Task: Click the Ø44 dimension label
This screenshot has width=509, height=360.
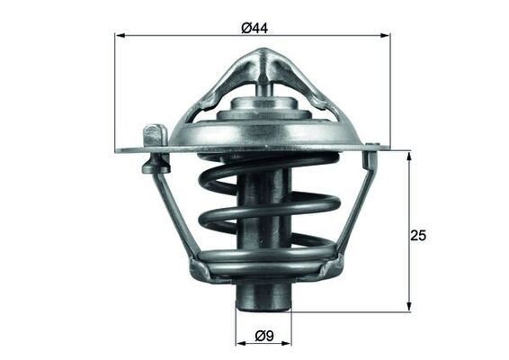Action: point(254,28)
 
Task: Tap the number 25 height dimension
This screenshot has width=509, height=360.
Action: point(417,236)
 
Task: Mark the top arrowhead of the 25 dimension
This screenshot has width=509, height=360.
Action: point(408,156)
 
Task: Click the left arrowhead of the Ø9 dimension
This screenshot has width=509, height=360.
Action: point(240,346)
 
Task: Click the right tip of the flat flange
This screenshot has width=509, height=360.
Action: point(387,146)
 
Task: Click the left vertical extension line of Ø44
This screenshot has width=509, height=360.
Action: point(116,90)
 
